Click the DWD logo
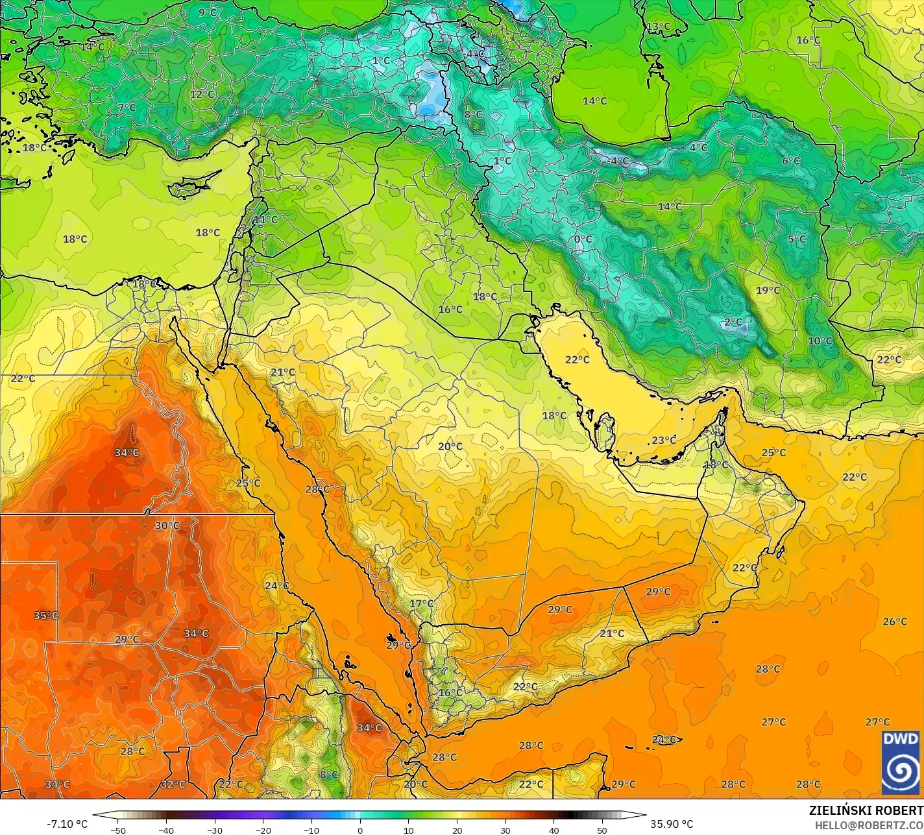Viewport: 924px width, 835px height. click(901, 762)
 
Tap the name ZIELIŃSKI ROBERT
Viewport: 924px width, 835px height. click(866, 811)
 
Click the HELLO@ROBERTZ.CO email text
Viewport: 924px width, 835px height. click(869, 825)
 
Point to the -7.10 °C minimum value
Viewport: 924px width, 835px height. click(67, 824)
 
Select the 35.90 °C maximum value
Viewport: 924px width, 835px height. click(672, 824)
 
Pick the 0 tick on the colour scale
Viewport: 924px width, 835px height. click(360, 830)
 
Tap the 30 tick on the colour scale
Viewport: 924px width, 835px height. click(505, 830)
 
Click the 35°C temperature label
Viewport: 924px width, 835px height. click(46, 615)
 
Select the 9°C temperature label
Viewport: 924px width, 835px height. click(208, 12)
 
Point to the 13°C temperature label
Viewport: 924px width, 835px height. click(658, 27)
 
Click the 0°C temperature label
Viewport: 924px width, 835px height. click(583, 239)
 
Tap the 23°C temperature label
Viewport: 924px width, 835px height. click(664, 440)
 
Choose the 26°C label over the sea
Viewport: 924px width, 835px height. click(895, 622)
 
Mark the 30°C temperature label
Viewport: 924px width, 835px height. click(167, 526)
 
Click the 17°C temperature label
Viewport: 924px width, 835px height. click(421, 603)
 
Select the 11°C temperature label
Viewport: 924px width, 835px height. click(265, 219)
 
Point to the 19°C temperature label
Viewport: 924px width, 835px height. click(768, 290)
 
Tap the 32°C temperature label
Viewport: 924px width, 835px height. click(173, 784)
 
